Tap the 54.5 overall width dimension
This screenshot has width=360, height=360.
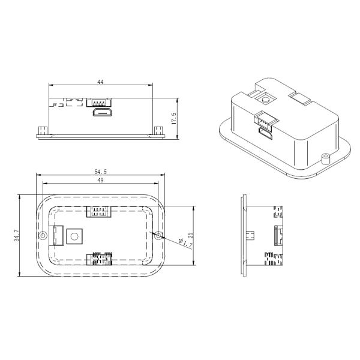pyautogui.click(x=100, y=172)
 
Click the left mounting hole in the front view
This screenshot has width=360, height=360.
pyautogui.click(x=43, y=236)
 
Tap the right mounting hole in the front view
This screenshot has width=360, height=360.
pyautogui.click(x=158, y=236)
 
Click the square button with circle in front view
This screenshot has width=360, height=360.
pyautogui.click(x=74, y=236)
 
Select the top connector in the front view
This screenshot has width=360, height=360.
pyautogui.click(x=100, y=211)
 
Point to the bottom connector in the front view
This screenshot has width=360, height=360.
pyautogui.click(x=100, y=260)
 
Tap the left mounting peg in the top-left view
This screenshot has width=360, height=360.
pyautogui.click(x=42, y=131)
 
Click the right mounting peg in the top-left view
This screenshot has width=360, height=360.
pyautogui.click(x=159, y=131)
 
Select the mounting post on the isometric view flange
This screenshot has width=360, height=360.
pyautogui.click(x=326, y=158)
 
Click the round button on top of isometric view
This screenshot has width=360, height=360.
pyautogui.click(x=265, y=98)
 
